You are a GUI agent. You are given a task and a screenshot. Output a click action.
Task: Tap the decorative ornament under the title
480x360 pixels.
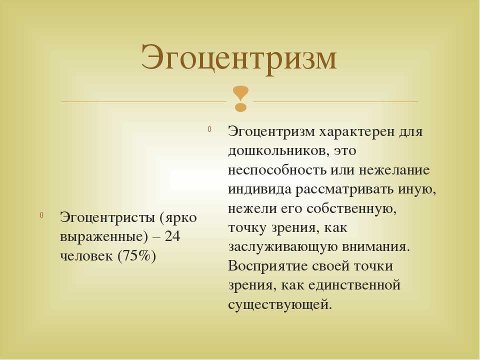coord(240,99)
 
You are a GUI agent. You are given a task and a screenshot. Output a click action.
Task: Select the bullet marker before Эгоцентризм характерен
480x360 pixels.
coord(209,129)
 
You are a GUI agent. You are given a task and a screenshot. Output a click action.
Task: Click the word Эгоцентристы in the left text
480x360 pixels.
coord(107,217)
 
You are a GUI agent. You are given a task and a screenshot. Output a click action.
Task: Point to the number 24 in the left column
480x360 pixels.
coord(172,236)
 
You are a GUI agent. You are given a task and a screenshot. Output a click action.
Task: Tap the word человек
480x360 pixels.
coord(86,256)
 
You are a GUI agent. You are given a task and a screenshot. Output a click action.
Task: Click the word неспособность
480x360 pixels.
coord(277,170)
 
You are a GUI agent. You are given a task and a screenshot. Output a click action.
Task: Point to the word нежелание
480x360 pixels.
coord(394,170)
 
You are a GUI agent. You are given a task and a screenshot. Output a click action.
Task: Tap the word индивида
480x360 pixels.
coord(259,189)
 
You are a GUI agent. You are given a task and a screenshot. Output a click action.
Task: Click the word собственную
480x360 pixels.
coord(351,209)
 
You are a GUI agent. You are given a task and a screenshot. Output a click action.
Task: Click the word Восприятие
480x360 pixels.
coord(268,266)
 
